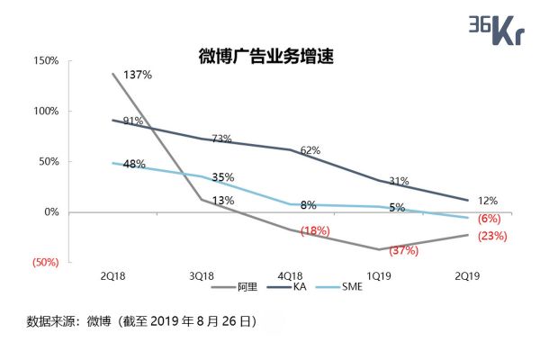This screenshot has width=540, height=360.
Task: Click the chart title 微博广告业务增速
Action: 265,57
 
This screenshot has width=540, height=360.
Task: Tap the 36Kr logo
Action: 497,30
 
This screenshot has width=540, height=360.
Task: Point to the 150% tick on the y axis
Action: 46,61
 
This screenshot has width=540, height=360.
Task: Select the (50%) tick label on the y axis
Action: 45,263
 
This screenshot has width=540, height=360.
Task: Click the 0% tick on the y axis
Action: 51,212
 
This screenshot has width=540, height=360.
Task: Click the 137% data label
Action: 136,74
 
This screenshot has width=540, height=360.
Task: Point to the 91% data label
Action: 132,121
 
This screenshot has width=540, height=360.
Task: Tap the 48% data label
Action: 134,165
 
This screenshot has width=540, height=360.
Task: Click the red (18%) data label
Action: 316,231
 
